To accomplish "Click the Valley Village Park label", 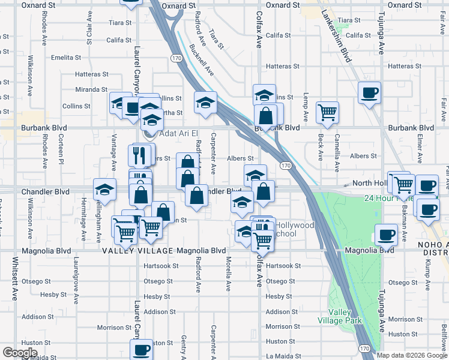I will click(x=345, y=316).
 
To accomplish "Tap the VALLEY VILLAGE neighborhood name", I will click(x=131, y=250).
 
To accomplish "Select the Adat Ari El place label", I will click(x=178, y=134).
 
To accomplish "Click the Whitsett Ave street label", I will click(x=16, y=278).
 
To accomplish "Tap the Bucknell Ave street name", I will click(x=202, y=59).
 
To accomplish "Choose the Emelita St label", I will click(x=66, y=58).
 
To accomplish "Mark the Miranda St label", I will click(x=91, y=89).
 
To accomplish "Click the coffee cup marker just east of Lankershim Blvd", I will click(x=369, y=93).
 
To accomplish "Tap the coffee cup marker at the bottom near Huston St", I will click(x=142, y=349).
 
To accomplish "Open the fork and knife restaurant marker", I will click(x=139, y=155).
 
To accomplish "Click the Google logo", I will click(x=20, y=353).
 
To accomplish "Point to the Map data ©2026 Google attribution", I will click(x=412, y=355).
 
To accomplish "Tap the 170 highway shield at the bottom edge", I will click(x=364, y=348).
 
